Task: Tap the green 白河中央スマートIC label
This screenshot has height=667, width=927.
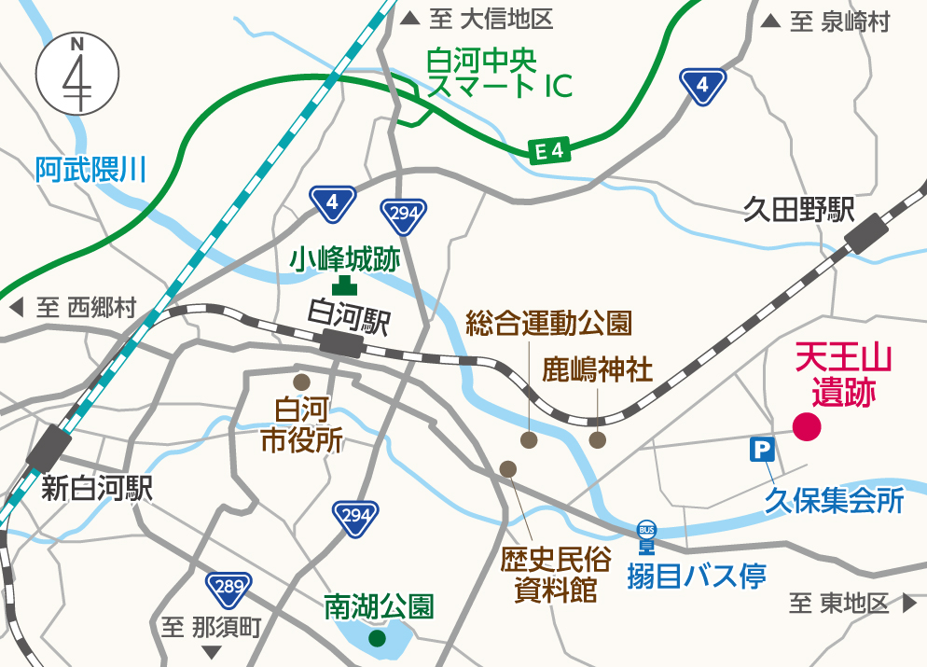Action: coord(498,74)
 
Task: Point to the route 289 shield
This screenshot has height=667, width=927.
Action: coord(228,588)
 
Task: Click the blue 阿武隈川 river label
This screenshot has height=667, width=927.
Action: coord(92,170)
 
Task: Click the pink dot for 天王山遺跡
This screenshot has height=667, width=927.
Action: coord(806,427)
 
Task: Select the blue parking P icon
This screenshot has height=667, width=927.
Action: coord(762,452)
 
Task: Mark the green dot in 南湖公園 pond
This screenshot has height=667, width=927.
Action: coord(376,639)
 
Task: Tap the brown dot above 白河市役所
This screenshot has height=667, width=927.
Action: coord(301,382)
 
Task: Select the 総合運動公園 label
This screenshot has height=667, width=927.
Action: coord(548,324)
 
